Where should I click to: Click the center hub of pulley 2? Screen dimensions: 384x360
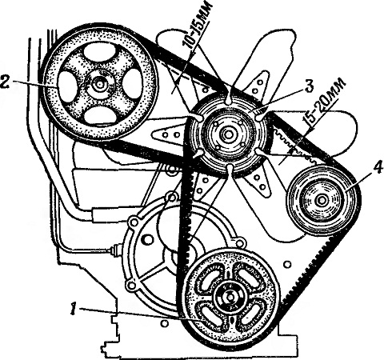tap(100, 84)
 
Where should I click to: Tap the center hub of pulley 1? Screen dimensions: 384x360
tap(229, 295)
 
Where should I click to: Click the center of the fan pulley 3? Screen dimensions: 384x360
tap(228, 134)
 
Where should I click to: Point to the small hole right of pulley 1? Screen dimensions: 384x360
tap(287, 264)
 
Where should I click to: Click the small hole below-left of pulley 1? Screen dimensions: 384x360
tap(165, 323)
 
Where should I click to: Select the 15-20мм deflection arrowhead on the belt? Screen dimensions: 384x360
tap(291, 151)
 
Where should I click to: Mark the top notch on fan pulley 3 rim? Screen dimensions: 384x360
tap(229, 99)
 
